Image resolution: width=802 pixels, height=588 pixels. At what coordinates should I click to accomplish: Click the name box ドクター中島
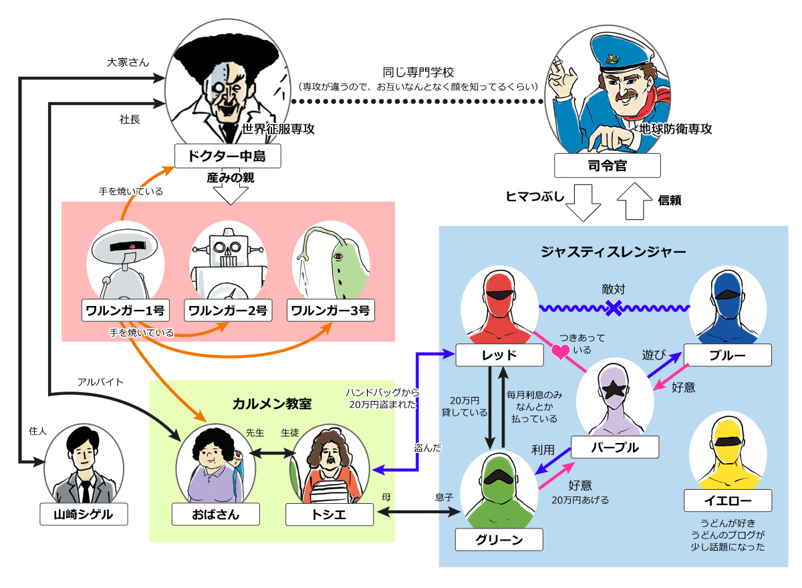(227, 156)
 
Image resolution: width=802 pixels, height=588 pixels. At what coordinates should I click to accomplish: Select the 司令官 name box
(607, 165)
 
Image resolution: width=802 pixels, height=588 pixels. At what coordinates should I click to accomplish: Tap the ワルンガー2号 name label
(228, 311)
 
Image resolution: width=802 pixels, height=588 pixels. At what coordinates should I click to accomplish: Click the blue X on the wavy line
(614, 307)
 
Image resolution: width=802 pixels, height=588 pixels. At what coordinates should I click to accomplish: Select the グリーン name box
(499, 539)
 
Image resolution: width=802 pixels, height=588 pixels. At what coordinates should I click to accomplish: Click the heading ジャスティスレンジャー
(613, 252)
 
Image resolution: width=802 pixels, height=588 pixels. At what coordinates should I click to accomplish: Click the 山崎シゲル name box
(83, 514)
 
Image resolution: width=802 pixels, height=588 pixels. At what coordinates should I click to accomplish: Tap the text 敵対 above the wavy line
(613, 289)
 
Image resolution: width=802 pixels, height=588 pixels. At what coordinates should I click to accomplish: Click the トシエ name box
(329, 514)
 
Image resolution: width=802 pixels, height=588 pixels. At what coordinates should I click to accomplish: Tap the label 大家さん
(128, 62)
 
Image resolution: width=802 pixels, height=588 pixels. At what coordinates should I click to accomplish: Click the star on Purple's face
(614, 389)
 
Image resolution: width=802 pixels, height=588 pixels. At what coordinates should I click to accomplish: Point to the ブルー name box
(727, 355)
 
